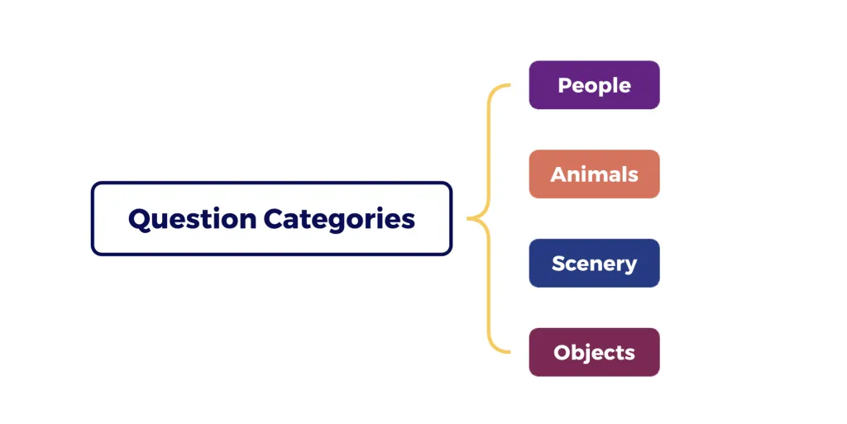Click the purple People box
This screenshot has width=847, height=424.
[x=594, y=85]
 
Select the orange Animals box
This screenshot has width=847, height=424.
[x=594, y=174]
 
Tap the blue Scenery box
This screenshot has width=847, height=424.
[x=594, y=264]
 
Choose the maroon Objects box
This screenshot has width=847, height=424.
[x=594, y=353]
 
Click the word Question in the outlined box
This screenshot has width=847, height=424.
[x=192, y=219]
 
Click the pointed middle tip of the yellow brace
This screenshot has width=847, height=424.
[x=469, y=219]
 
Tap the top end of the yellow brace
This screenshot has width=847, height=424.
[x=511, y=85]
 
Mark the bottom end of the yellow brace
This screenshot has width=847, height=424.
[x=511, y=352]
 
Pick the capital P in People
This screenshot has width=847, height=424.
[x=564, y=85]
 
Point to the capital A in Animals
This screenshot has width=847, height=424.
[x=557, y=174]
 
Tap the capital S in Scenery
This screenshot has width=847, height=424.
[x=558, y=264]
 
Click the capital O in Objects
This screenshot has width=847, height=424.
[x=562, y=353]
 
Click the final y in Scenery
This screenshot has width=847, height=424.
[x=631, y=266]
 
